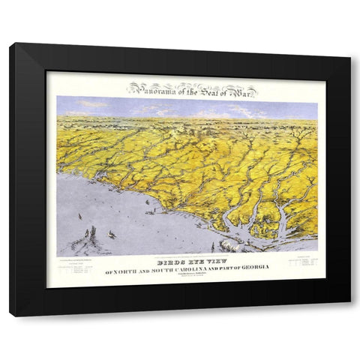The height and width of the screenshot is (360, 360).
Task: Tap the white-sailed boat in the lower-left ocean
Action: pos(111,235)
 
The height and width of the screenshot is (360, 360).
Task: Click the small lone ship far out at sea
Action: pos(79,216)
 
